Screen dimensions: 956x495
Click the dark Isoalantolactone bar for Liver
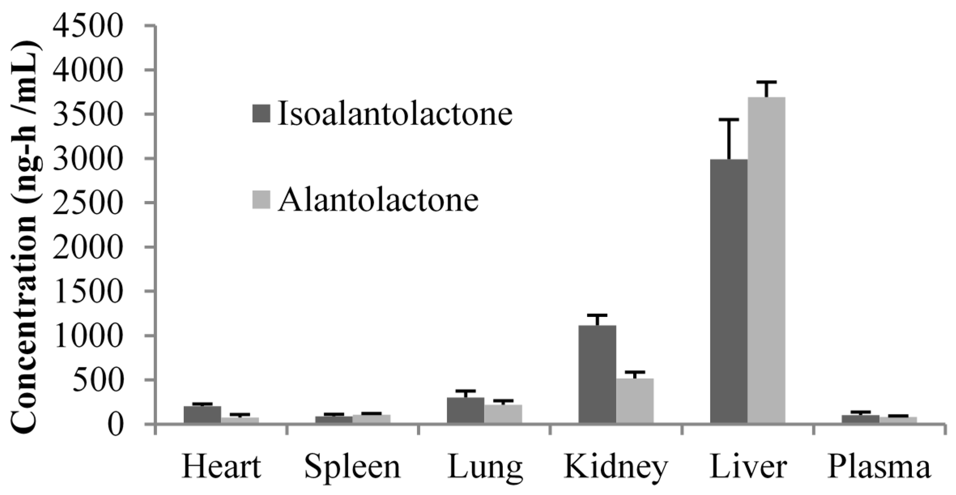coord(729,292)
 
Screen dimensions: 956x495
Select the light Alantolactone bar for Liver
coord(767,260)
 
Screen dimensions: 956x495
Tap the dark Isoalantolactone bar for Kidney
coord(597,375)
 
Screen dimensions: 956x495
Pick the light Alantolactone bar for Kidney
coord(635,401)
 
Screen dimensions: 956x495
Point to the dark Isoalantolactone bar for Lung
coord(466,410)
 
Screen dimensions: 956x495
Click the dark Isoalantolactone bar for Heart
coord(202,415)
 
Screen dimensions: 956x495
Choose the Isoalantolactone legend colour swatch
coord(261,113)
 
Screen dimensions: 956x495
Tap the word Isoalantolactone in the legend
coord(395,113)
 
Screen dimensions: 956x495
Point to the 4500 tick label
coord(88,26)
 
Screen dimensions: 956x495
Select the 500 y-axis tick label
coord(98,380)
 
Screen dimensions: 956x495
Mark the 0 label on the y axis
coord(115,424)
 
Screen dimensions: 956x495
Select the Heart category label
coord(221,467)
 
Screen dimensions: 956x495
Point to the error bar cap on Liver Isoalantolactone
coord(729,119)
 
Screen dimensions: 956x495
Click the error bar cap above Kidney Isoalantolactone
coord(597,315)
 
